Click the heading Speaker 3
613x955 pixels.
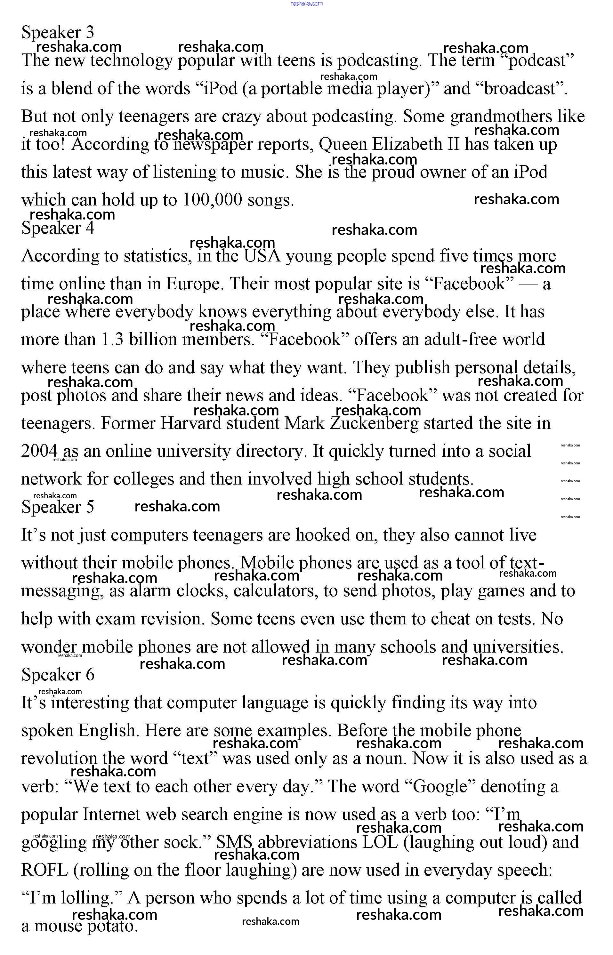(58, 32)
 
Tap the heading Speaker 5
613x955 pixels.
(58, 507)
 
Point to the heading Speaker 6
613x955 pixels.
(58, 674)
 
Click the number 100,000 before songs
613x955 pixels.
(212, 200)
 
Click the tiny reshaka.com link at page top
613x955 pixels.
(307, 4)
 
